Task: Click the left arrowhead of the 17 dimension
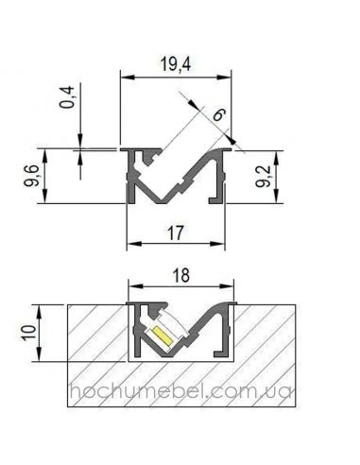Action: (131, 244)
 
